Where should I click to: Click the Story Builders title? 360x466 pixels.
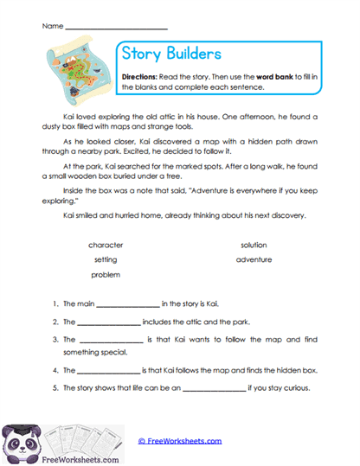(171, 55)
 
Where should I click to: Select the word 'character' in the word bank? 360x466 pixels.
(106, 245)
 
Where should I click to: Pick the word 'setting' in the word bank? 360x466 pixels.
(106, 259)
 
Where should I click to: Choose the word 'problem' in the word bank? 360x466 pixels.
(106, 274)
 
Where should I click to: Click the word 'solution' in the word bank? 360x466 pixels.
(254, 245)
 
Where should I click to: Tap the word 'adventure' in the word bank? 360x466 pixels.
(254, 259)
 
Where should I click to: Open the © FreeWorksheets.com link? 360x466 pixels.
(179, 441)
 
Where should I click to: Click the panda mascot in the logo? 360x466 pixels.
(18, 442)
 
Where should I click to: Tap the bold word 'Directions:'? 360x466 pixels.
(139, 77)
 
